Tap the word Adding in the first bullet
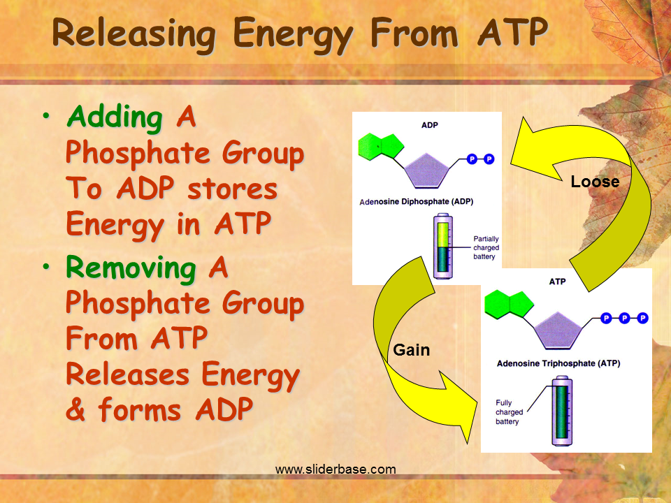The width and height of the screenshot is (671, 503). (x=115, y=117)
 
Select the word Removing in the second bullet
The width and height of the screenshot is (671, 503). (x=131, y=268)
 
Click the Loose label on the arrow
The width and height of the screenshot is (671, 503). (x=595, y=182)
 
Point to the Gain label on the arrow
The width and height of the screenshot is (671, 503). (x=411, y=350)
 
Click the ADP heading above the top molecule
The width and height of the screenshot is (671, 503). (x=430, y=125)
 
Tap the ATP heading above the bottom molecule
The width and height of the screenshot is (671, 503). (x=557, y=282)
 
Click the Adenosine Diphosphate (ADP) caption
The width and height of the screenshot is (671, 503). (x=417, y=201)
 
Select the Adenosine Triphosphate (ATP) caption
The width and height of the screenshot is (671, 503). (x=558, y=363)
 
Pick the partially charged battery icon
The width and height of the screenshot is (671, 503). (x=443, y=247)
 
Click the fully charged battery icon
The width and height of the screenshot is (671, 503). (x=562, y=411)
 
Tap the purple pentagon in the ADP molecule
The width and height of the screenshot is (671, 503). (x=426, y=171)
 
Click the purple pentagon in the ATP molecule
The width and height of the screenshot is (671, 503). (x=558, y=330)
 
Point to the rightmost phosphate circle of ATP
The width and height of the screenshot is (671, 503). (x=642, y=319)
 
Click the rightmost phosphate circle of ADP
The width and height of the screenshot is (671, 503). (x=489, y=159)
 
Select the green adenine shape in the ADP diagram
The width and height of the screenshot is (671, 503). (x=380, y=147)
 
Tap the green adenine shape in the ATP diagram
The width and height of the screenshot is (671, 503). (x=509, y=304)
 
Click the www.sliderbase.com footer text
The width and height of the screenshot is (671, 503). (x=335, y=469)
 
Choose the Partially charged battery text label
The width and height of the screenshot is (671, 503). (x=486, y=247)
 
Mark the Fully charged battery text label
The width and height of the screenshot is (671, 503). (x=510, y=412)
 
